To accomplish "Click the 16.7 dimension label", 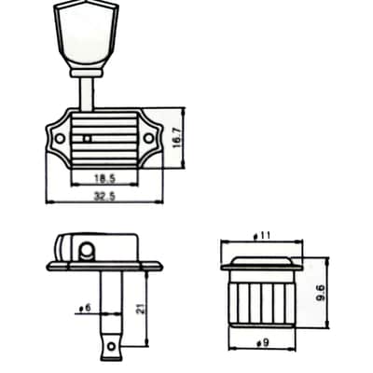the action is pos(177,138).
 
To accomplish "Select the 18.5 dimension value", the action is pos(104,178).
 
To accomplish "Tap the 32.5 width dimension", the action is pos(104,196).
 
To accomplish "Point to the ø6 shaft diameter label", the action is pos(84,308).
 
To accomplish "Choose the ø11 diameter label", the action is pos(262,236).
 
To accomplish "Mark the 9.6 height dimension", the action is pos(320,293).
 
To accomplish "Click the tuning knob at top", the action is pos(86,35).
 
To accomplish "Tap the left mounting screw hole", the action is pos(60,138).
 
